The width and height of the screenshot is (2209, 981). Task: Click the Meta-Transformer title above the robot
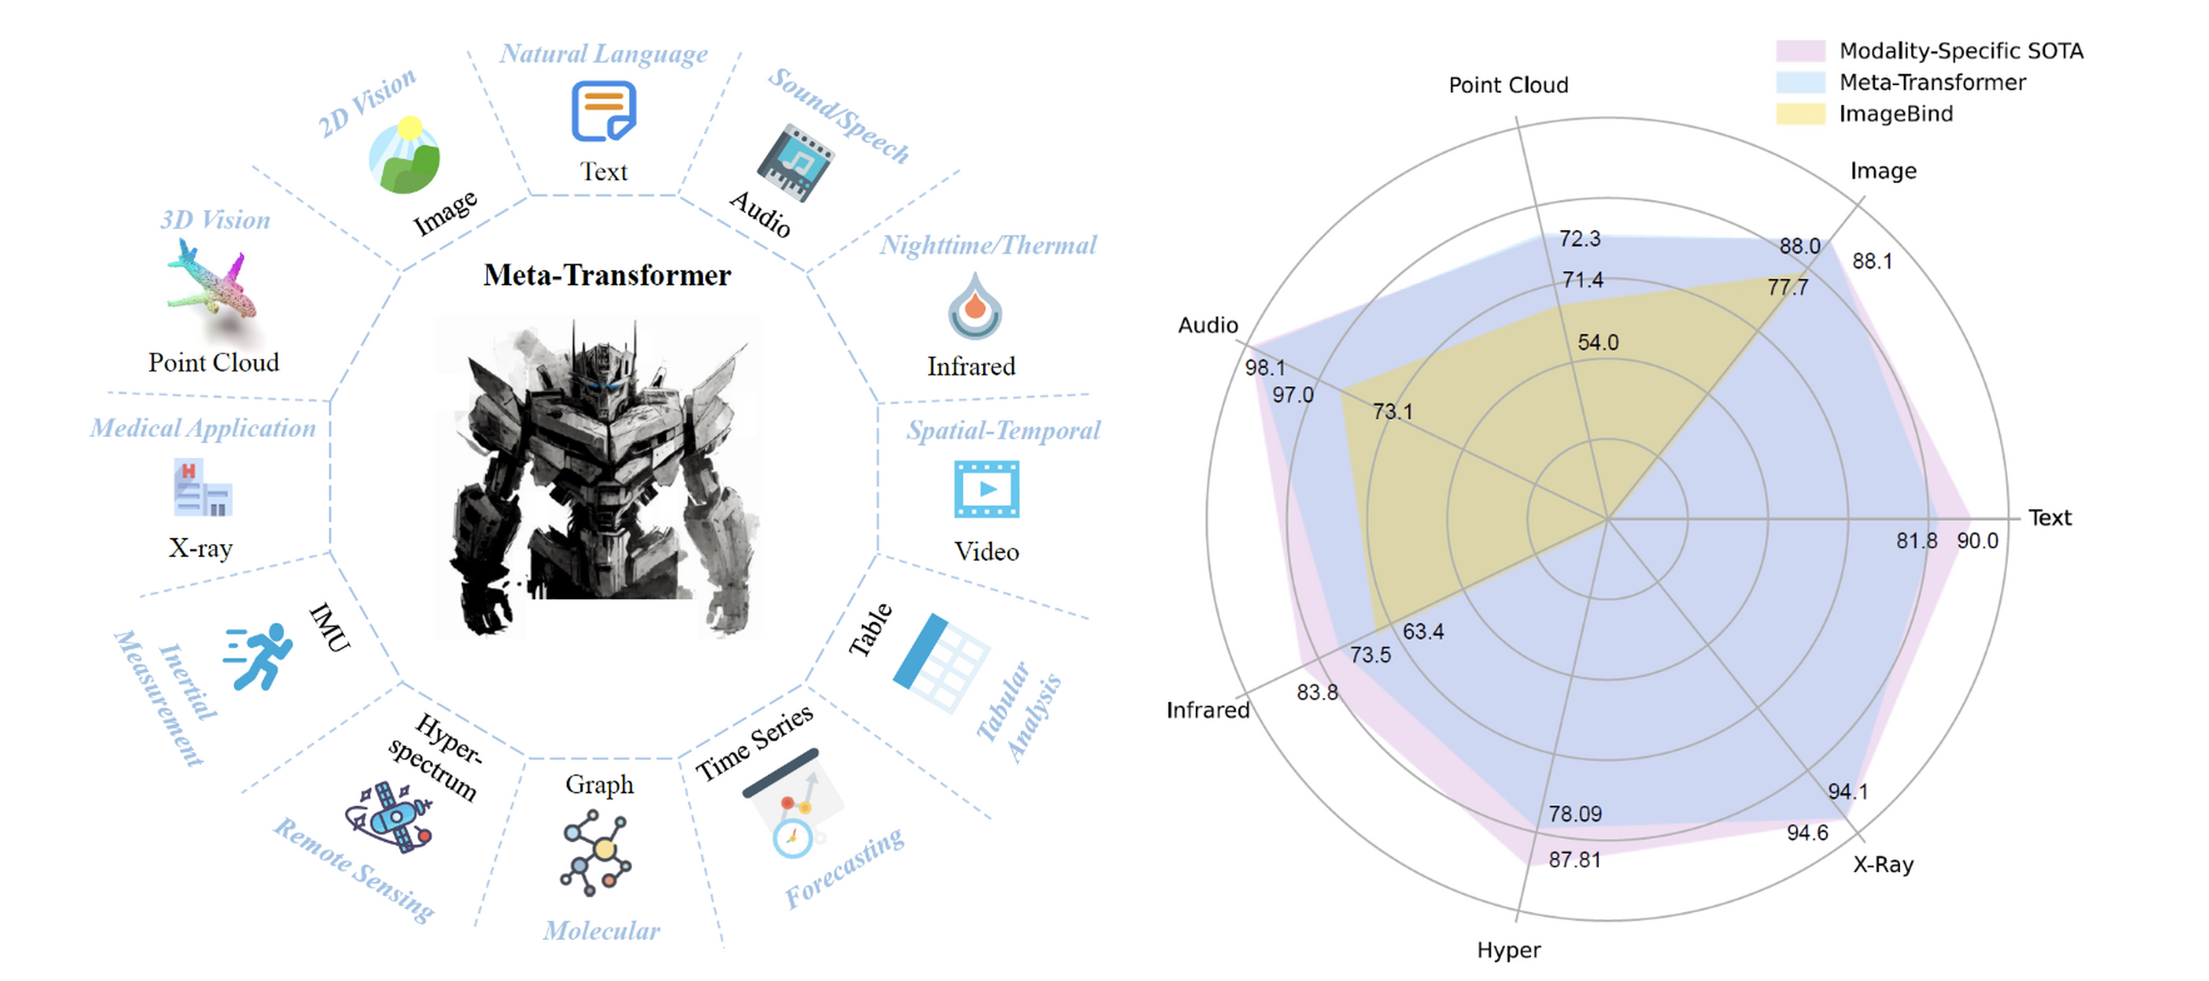pyautogui.click(x=607, y=275)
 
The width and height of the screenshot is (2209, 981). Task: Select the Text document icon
pyautogui.click(x=604, y=111)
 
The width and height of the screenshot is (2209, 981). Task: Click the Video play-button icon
pyautogui.click(x=986, y=489)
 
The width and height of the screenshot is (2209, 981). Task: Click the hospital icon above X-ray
pyautogui.click(x=202, y=488)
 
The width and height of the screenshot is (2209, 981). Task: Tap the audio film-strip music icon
pyautogui.click(x=794, y=163)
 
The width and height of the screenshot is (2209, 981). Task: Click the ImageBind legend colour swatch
pyautogui.click(x=1800, y=114)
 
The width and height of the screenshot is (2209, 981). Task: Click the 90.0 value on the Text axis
pyautogui.click(x=1977, y=541)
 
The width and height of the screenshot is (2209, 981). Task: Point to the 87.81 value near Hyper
pyautogui.click(x=1575, y=859)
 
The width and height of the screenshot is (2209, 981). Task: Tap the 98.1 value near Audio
pyautogui.click(x=1265, y=368)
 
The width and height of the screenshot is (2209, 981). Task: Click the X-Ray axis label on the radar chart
pyautogui.click(x=1883, y=865)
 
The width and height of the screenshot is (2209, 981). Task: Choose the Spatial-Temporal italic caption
pyautogui.click(x=1003, y=431)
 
